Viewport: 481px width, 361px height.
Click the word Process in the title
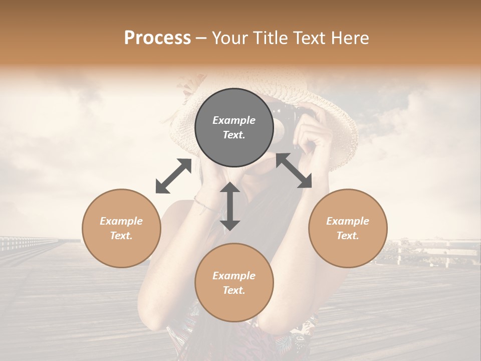click(157, 38)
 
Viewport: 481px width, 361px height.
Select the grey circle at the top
click(234, 128)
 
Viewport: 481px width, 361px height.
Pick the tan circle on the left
click(121, 228)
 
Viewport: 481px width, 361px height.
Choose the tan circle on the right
click(348, 228)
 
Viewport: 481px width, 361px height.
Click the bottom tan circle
click(234, 283)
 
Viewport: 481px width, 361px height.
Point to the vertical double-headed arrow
click(230, 206)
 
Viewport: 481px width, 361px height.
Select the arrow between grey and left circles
click(173, 176)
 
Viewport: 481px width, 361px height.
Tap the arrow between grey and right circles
click(294, 170)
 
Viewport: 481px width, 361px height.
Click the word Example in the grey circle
click(234, 120)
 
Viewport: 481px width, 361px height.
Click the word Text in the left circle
click(121, 236)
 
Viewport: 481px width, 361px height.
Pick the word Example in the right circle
click(348, 221)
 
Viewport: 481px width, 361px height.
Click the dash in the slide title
click(201, 38)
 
